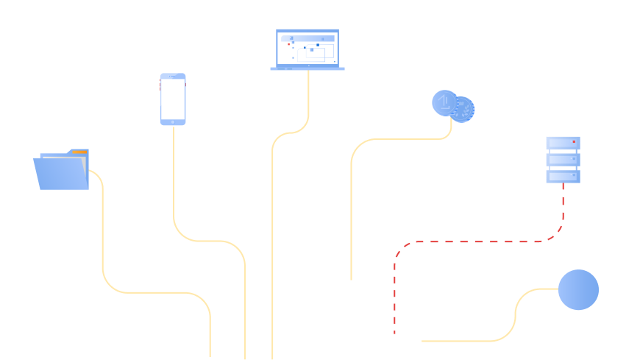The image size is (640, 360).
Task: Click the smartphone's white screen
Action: (x=173, y=99)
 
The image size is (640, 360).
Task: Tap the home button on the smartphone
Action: (x=173, y=121)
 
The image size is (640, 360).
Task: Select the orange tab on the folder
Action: (x=79, y=152)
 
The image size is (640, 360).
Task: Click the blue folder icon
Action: (x=62, y=173)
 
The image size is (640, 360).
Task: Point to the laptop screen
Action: (x=307, y=49)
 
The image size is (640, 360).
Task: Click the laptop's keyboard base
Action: (x=307, y=68)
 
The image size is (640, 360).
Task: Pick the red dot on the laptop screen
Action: (x=289, y=44)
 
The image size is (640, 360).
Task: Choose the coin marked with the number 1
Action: (x=444, y=102)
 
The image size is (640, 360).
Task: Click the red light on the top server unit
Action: (x=574, y=141)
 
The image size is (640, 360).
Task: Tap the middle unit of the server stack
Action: (x=563, y=160)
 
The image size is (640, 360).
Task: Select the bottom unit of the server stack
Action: (x=563, y=177)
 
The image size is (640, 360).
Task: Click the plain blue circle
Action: (x=578, y=290)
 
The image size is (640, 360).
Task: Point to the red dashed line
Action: (x=478, y=241)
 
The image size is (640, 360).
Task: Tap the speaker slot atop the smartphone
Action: (x=173, y=76)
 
